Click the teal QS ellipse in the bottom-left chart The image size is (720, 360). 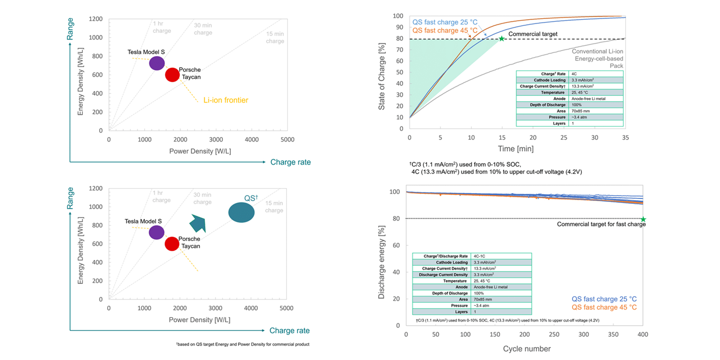(x=241, y=212)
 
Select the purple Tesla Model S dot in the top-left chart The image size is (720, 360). (x=157, y=63)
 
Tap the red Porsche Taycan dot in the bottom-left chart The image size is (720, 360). (x=172, y=244)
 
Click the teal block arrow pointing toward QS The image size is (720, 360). (x=198, y=223)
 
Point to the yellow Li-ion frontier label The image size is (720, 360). (x=226, y=100)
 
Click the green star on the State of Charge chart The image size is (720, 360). (x=501, y=39)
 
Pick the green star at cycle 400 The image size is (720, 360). (x=643, y=219)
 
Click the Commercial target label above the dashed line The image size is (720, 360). (x=532, y=34)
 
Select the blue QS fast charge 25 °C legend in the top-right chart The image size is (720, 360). (x=445, y=22)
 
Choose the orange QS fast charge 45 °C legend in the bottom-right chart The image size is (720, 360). (x=604, y=307)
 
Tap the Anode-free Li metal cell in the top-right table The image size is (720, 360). (x=588, y=99)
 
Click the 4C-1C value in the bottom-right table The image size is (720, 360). (x=479, y=256)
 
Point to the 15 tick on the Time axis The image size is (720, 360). (x=502, y=138)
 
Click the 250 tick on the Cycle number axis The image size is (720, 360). (x=554, y=334)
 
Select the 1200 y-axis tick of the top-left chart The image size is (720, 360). (x=96, y=19)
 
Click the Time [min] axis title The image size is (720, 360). (x=516, y=149)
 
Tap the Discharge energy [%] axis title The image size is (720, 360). (x=381, y=262)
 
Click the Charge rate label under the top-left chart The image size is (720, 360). (x=290, y=162)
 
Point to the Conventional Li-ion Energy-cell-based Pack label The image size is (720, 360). (x=598, y=59)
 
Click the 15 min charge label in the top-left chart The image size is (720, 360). (x=275, y=37)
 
